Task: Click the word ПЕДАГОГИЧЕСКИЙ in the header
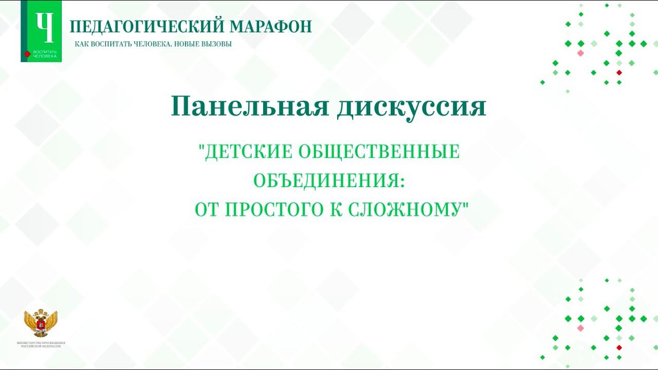[x=147, y=26]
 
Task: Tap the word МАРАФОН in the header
[x=271, y=26]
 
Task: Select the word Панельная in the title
[x=249, y=106]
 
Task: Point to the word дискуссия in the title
[x=411, y=106]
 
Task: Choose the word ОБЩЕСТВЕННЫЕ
[x=379, y=152]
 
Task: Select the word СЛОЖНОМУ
[x=406, y=209]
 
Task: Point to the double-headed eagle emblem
[x=41, y=323]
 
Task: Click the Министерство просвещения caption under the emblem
[x=41, y=344]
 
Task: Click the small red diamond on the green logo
[x=27, y=53]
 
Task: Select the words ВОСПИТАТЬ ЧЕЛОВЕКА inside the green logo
[x=45, y=54]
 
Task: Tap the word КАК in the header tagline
[x=81, y=44]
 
